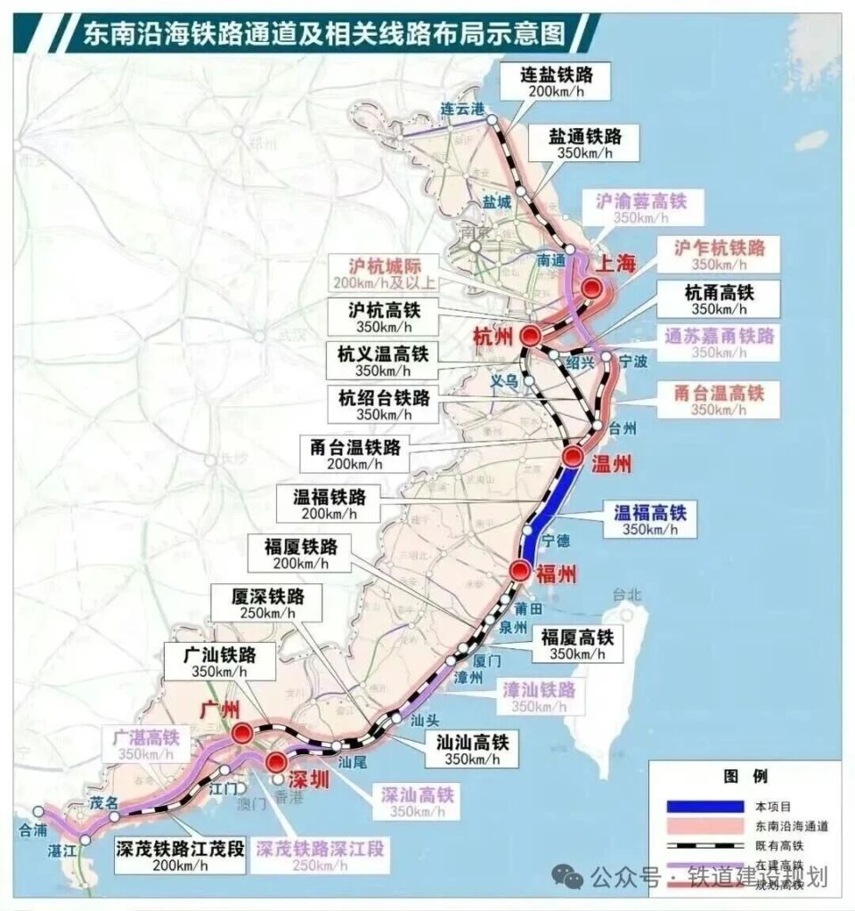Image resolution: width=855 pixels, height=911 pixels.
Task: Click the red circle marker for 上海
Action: (593, 288)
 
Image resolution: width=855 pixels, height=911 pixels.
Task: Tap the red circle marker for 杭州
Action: (531, 336)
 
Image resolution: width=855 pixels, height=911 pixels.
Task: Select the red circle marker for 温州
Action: (574, 457)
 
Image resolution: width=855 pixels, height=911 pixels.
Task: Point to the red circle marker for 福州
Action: (521, 571)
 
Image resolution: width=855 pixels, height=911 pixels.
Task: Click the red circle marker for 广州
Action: (240, 733)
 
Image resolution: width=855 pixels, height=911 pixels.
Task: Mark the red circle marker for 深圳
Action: (277, 761)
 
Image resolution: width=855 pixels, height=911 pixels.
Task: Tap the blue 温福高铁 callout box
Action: (650, 519)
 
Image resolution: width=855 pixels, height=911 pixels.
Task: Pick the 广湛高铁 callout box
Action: (146, 744)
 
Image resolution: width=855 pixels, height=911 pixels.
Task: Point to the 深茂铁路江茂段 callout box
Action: (179, 854)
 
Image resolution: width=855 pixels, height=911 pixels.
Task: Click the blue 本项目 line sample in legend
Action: (704, 806)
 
